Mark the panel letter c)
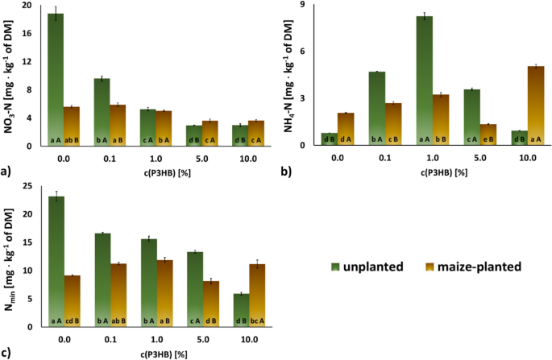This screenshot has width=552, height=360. (x=7, y=352)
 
